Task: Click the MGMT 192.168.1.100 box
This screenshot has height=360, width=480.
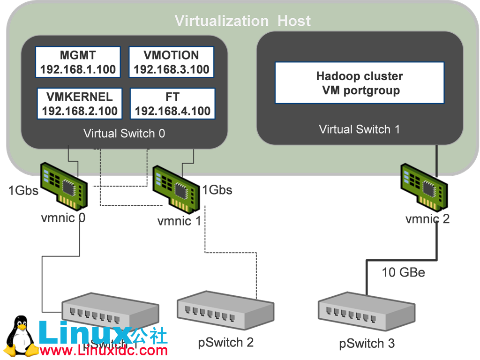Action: click(78, 62)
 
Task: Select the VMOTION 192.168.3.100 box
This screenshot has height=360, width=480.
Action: click(171, 62)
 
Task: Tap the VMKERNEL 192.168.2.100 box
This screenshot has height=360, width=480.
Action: click(79, 104)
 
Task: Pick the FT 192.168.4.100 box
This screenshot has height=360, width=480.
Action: click(172, 104)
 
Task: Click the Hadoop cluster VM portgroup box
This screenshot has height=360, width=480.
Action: click(359, 83)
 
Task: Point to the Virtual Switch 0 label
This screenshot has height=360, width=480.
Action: click(124, 134)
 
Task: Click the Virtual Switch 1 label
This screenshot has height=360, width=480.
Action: click(359, 129)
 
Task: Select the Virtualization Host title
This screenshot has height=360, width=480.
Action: click(242, 21)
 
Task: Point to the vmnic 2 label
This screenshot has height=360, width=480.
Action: click(427, 218)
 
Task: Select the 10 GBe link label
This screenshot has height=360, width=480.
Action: click(403, 272)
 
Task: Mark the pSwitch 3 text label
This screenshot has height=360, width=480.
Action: click(367, 344)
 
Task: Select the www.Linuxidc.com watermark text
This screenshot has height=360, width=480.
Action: click(104, 350)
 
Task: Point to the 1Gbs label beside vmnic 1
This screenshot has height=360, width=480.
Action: click(217, 190)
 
